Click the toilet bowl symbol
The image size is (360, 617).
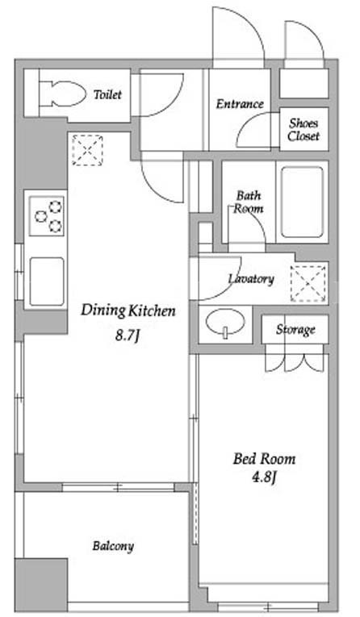[x=62, y=94]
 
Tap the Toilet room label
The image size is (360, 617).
[x=107, y=94]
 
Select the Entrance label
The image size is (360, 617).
[x=240, y=104]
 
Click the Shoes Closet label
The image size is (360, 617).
[x=303, y=130]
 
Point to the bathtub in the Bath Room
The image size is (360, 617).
[x=303, y=202]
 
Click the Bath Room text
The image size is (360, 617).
[x=249, y=202]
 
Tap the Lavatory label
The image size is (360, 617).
[x=251, y=278]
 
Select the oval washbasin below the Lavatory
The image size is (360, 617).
[x=225, y=323]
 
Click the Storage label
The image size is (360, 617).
[x=295, y=329]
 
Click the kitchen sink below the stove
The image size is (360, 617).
[x=47, y=281]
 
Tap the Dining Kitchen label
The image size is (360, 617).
[x=128, y=311]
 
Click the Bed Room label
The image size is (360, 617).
[x=264, y=459]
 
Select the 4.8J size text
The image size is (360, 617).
[x=264, y=478]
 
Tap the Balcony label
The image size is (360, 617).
[x=113, y=546]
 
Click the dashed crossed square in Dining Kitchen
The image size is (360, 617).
[x=87, y=150]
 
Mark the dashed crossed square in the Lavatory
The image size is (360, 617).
[x=308, y=284]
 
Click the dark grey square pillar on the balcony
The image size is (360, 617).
[x=41, y=585]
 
